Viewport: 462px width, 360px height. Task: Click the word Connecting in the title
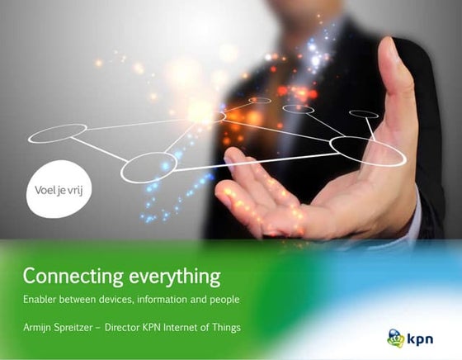pyautogui.click(x=68, y=274)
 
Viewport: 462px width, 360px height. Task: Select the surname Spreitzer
pyautogui.click(x=88, y=328)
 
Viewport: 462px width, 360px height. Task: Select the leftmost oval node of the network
pyautogui.click(x=57, y=132)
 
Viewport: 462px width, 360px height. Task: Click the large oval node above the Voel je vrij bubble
pyautogui.click(x=148, y=168)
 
